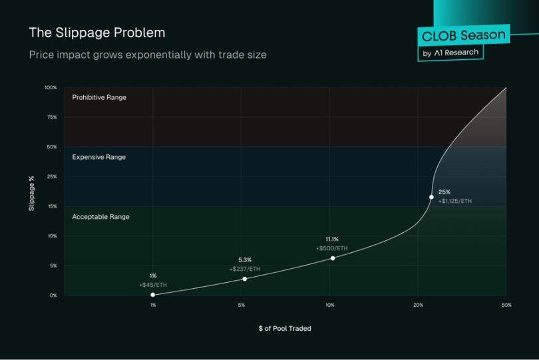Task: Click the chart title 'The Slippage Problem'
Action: click(97, 33)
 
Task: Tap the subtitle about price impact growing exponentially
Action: click(148, 55)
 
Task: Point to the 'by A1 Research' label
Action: click(450, 53)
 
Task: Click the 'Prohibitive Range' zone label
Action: click(99, 97)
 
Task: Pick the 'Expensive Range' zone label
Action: click(98, 157)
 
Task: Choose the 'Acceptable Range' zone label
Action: click(100, 217)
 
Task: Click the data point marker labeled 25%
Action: click(431, 197)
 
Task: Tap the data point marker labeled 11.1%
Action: click(333, 258)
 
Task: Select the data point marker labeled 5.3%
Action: click(244, 279)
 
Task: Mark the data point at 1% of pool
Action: click(153, 295)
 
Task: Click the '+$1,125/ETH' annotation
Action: click(454, 201)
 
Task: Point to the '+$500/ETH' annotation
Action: click(332, 248)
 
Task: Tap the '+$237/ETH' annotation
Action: click(244, 269)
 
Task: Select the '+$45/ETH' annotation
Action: click(152, 285)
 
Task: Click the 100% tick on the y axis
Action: click(51, 87)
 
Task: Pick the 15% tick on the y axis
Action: click(52, 206)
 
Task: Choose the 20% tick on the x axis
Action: click(418, 305)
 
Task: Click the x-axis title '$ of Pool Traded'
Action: click(285, 328)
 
